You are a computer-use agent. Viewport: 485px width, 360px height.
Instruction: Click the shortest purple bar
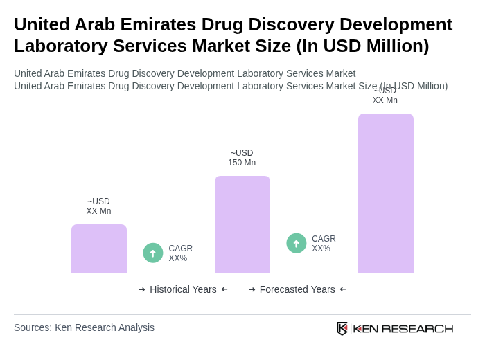coord(99,249)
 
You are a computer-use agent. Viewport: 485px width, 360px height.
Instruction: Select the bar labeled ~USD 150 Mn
coord(242,224)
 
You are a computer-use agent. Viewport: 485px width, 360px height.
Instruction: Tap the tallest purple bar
coord(386,193)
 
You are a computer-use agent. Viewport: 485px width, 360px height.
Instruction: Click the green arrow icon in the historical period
coord(153,253)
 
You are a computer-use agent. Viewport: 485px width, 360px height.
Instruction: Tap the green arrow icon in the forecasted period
coord(297,244)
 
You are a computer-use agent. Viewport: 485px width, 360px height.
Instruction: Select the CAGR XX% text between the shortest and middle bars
coord(181,253)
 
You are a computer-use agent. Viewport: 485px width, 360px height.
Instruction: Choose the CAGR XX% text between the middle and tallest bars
coord(324,244)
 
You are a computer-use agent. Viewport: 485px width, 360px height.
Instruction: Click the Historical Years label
coord(183,289)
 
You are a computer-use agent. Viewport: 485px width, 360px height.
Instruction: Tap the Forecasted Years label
coord(297,289)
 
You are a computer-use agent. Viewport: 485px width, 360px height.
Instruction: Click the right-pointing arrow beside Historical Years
coord(142,289)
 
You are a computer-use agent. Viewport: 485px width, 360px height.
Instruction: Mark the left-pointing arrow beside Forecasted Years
coord(343,289)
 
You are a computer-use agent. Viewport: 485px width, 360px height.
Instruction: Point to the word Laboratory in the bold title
coord(59,46)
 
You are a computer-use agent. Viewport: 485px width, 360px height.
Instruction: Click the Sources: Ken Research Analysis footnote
coord(84,327)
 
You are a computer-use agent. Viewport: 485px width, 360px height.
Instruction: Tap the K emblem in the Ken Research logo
coord(342,328)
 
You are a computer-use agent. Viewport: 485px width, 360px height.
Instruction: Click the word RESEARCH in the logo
coord(417,328)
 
